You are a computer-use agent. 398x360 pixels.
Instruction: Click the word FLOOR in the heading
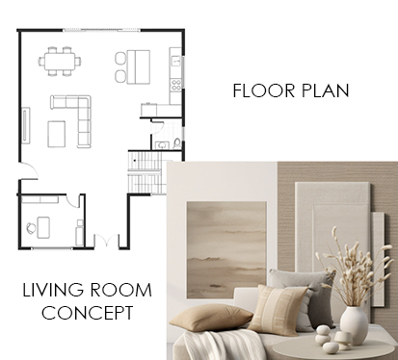tap(264, 90)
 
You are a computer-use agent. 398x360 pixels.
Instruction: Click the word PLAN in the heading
tap(326, 90)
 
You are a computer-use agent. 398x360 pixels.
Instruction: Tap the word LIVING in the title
tap(53, 290)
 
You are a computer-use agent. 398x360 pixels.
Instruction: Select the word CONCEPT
tap(88, 313)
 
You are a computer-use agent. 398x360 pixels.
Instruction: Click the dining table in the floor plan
tap(60, 61)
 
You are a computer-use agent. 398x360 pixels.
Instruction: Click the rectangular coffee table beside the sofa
tap(57, 134)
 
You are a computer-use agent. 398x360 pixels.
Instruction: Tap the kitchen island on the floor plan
tap(139, 66)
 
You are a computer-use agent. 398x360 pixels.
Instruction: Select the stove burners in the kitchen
tap(175, 85)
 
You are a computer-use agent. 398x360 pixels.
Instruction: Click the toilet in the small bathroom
tap(177, 142)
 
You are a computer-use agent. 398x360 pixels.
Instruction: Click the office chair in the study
tap(31, 228)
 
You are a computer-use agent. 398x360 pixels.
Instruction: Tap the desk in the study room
tap(43, 227)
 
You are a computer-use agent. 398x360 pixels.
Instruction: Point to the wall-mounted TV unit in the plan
tap(26, 124)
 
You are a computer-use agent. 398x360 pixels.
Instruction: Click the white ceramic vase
tap(354, 324)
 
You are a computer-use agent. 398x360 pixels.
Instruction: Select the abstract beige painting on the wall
tap(226, 250)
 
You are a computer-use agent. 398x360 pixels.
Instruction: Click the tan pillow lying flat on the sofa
tap(211, 318)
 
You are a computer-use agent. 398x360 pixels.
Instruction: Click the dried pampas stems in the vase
tap(357, 268)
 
